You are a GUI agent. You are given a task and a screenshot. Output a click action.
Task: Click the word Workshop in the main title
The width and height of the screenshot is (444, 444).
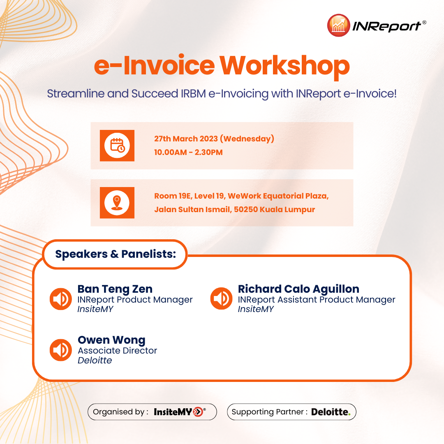click(284, 66)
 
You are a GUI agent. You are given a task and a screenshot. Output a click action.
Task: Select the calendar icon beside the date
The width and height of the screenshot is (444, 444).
click(117, 146)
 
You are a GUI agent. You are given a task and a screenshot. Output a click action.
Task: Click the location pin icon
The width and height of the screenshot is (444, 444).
click(117, 202)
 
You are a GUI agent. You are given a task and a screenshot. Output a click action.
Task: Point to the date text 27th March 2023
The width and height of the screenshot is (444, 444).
click(186, 139)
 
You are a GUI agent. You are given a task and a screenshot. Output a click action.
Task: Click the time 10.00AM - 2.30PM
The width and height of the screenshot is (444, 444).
click(188, 153)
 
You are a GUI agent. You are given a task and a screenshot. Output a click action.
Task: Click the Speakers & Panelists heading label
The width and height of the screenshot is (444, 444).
click(116, 254)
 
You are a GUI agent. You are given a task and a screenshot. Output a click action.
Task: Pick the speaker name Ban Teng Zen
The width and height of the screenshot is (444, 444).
click(115, 289)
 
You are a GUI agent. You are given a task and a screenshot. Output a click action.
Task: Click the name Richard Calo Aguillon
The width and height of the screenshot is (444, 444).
click(298, 289)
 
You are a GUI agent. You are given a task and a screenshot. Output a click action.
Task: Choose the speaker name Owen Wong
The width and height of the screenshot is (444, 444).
click(111, 340)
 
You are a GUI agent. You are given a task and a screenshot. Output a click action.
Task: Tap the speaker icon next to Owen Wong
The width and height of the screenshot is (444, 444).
click(61, 350)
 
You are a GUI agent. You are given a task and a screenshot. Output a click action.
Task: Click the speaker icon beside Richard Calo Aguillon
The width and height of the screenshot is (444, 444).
click(221, 299)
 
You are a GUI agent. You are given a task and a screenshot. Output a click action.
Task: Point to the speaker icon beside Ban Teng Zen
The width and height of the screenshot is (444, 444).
click(61, 299)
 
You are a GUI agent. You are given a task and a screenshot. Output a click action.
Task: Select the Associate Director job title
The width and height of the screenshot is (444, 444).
click(118, 351)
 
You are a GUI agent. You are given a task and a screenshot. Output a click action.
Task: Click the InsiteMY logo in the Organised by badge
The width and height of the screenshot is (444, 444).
click(179, 412)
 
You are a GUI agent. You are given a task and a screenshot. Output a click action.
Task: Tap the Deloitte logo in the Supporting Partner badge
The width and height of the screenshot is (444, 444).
click(331, 412)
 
